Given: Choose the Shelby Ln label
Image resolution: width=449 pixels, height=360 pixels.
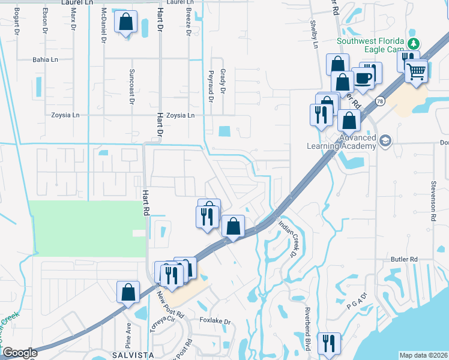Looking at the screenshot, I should pyautogui.click(x=313, y=33).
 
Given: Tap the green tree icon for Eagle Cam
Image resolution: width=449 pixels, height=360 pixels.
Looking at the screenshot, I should pyautogui.click(x=413, y=44).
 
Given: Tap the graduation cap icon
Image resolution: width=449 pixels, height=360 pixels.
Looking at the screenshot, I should pyautogui.click(x=385, y=141).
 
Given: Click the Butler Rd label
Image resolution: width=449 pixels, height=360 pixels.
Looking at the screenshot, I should pyautogui.click(x=403, y=259).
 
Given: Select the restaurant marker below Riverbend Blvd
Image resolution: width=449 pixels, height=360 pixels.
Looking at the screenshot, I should pyautogui.click(x=328, y=343).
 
